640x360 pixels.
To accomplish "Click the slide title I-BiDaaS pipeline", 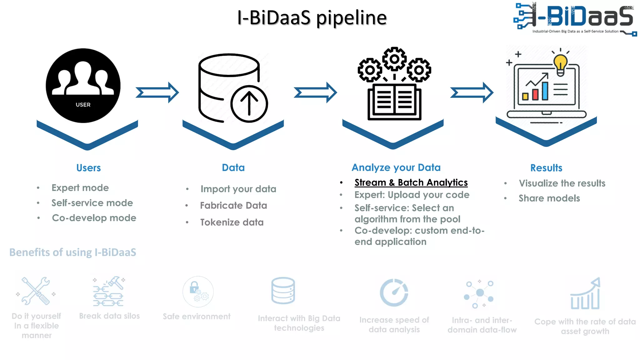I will click(x=312, y=17).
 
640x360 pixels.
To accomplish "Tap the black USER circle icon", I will click(x=83, y=85).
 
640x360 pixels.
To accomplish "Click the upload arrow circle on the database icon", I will click(x=249, y=104).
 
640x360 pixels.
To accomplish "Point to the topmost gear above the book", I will click(x=394, y=59).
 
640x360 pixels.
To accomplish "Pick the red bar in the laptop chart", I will click(x=535, y=94).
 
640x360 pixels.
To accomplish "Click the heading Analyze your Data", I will click(x=396, y=167).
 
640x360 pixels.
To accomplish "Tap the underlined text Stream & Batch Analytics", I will click(x=411, y=182).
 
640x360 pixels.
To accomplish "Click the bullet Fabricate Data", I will click(x=233, y=206).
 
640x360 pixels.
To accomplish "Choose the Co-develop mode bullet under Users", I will click(x=94, y=218).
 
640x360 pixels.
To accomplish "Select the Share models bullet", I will click(x=549, y=198).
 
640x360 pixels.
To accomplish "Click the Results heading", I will click(x=546, y=168).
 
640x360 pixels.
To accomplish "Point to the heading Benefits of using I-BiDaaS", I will click(x=73, y=252).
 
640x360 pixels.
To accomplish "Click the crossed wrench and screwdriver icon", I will click(x=36, y=291).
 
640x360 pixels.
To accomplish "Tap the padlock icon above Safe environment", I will click(x=194, y=287).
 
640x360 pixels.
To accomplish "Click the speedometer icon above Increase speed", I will click(x=394, y=292).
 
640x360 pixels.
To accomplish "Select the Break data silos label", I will click(x=109, y=316).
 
